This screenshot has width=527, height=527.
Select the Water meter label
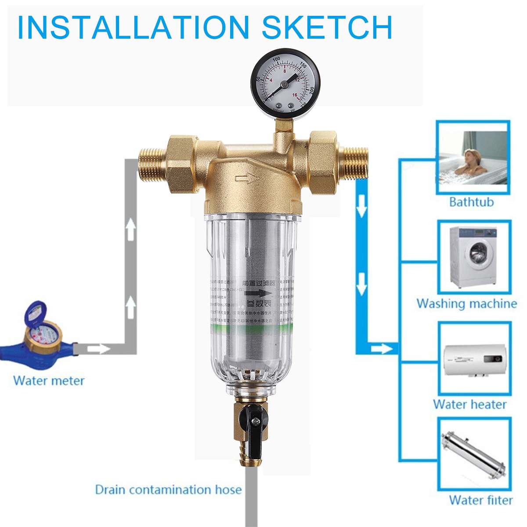pos(49,380)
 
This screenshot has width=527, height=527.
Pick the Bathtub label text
pos(471,202)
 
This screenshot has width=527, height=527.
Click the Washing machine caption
pos(466,303)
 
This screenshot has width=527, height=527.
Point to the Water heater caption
pos(469,404)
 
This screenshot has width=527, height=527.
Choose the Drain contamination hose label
pos(168,490)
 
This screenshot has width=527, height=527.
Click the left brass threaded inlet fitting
pos(152,164)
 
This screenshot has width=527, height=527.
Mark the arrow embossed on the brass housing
pos(247,178)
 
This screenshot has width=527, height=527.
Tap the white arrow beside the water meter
pos(98,349)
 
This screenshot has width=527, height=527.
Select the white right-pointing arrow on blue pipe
pos(380,349)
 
